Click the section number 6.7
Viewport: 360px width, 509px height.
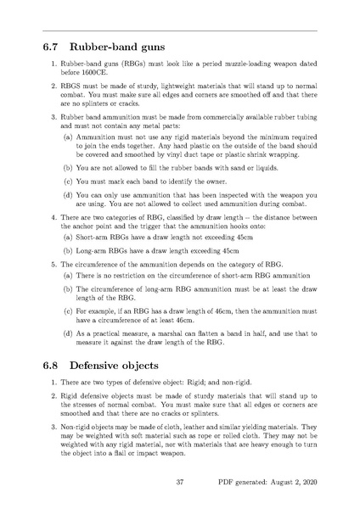[x=53, y=47]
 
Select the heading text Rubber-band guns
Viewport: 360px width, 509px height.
[x=116, y=47]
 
